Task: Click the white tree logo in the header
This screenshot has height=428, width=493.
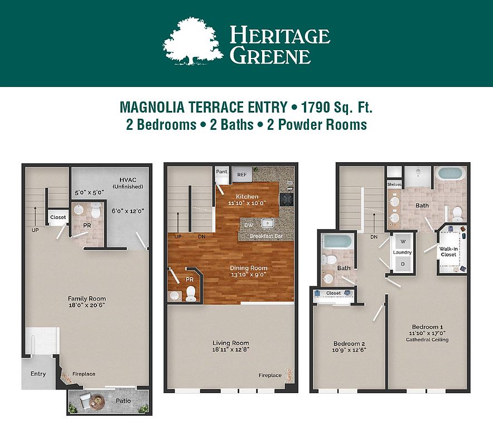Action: pos(193,41)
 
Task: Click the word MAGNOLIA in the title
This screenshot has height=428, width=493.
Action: pos(152,107)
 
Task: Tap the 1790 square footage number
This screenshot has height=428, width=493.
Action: pos(315,107)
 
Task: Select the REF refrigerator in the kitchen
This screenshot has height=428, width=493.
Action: pos(242,174)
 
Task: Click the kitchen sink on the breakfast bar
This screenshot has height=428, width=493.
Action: pos(268,223)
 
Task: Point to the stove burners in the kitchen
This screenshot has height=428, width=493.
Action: pos(287,200)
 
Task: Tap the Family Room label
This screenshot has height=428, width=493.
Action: pos(87,299)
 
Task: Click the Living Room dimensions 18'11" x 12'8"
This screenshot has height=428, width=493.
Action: pos(231,349)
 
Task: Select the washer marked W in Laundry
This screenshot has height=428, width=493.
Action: pos(403,241)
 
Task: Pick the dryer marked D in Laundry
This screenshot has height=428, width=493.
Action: pos(403,264)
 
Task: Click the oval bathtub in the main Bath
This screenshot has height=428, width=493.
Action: pos(450,173)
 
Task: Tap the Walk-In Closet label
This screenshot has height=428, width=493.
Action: pos(448,252)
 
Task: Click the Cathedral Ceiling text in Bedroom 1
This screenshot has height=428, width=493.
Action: pos(427,340)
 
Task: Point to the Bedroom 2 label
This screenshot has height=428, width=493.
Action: pos(349,343)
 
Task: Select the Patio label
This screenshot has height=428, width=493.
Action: pos(123,401)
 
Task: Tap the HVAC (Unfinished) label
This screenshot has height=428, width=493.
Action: pos(128,183)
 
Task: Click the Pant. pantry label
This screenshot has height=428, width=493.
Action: pos(222,172)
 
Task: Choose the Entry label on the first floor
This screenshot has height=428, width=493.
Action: pos(38,373)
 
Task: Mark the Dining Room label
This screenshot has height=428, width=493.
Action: pos(248,268)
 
